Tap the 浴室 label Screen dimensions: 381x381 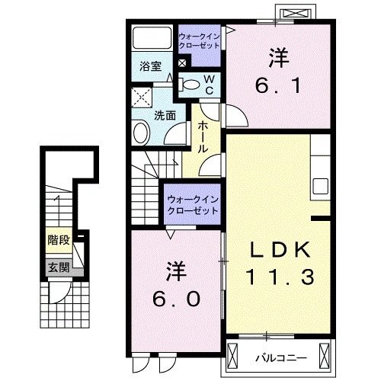[x=149, y=66]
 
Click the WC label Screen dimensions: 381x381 [x=207, y=85]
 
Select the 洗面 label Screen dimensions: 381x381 [x=165, y=116]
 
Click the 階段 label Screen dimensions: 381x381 [x=58, y=240]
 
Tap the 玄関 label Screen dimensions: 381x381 [x=58, y=267]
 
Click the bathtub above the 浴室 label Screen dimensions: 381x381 [x=151, y=38]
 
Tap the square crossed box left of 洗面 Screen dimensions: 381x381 [x=140, y=97]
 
